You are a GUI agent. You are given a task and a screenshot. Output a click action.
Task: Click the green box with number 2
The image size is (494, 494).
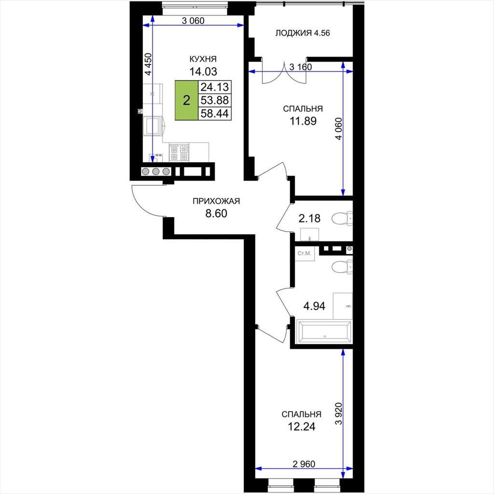(187, 100)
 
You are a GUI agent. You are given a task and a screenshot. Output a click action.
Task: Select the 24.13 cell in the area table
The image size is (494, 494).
(215, 87)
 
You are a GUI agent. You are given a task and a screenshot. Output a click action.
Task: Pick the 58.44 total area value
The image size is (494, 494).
(215, 113)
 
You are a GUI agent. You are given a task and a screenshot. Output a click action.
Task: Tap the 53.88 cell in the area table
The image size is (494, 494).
(215, 100)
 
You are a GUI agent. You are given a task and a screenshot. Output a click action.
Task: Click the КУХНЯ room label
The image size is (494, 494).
(203, 59)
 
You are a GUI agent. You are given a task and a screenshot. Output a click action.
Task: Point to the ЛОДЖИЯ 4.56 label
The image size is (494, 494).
(302, 33)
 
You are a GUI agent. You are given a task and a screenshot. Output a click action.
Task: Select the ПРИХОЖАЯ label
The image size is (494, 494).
(216, 201)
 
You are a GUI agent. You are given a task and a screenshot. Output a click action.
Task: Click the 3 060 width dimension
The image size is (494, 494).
(193, 21)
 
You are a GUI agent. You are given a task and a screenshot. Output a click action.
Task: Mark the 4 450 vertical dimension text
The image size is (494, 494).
(148, 64)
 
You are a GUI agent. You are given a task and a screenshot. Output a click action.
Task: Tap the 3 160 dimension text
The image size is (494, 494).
(301, 67)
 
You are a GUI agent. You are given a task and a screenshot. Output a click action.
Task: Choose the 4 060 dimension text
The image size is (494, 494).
(338, 128)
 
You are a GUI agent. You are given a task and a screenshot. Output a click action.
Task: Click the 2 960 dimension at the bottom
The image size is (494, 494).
(304, 464)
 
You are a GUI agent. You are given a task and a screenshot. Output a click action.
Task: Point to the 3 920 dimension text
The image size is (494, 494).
(338, 413)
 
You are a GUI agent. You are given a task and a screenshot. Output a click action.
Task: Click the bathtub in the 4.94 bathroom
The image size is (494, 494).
(324, 331)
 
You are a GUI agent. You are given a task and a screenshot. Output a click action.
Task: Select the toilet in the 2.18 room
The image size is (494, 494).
(342, 219)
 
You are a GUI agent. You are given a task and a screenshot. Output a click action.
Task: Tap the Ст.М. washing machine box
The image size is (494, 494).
(304, 254)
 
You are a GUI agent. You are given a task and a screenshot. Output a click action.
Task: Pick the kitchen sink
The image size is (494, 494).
(154, 126)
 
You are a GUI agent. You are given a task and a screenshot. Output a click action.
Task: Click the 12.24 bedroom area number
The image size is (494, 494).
(302, 426)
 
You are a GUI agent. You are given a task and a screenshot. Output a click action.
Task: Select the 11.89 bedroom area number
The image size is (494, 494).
(303, 121)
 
